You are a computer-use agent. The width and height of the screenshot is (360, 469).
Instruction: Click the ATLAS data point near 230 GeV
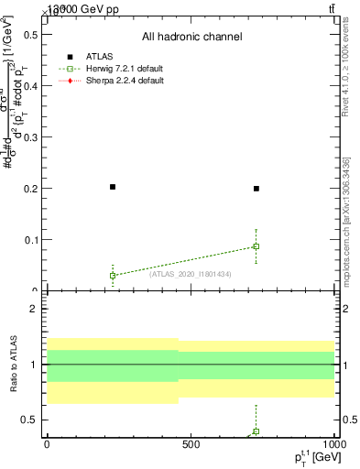[113, 187]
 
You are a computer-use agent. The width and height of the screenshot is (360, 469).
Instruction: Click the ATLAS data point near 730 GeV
[256, 189]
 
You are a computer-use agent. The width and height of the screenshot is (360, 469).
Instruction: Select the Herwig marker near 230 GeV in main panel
[113, 275]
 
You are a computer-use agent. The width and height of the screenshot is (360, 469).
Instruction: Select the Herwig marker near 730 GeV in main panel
[256, 246]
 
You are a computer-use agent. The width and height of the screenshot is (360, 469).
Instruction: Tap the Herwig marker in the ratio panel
[256, 431]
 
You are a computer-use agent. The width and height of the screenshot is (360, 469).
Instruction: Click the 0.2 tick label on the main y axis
[29, 189]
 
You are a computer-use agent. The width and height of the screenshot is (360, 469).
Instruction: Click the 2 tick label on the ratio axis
[33, 309]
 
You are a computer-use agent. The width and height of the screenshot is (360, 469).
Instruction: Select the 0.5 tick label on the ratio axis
[29, 420]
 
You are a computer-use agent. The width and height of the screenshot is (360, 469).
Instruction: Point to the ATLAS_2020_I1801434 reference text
[191, 273]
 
